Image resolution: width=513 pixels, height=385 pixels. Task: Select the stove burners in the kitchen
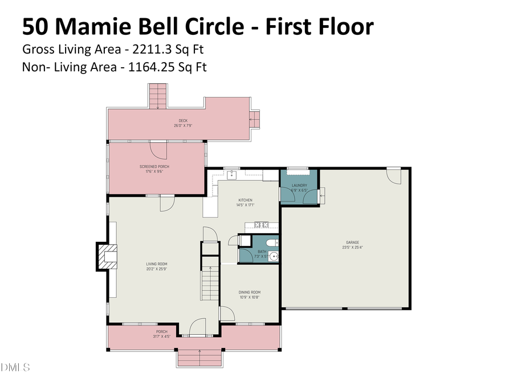tap(262, 224)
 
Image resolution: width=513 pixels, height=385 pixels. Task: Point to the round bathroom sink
tap(273, 256)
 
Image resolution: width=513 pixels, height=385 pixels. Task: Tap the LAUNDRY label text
tap(299, 185)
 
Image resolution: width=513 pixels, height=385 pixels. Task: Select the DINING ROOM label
tap(250, 293)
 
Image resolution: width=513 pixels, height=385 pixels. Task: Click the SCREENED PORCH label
tap(154, 167)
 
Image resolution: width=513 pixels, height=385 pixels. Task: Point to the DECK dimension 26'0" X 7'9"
tap(183, 125)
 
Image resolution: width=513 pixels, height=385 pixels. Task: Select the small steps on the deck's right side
tap(255, 119)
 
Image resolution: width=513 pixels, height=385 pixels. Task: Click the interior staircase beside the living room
tap(210, 279)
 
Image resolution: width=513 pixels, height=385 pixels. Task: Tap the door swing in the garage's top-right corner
tap(393, 176)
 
